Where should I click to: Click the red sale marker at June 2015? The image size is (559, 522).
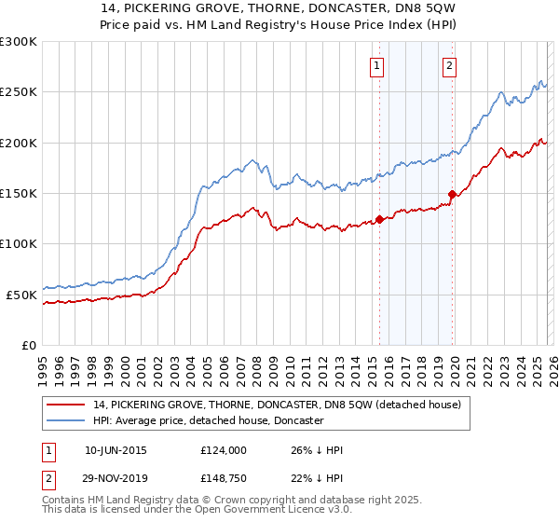tap(379, 220)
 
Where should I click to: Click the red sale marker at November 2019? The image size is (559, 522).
tap(453, 195)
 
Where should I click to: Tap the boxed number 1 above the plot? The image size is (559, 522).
tap(376, 65)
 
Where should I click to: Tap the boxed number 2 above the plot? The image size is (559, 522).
tap(449, 65)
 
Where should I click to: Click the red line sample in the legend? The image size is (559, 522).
tap(66, 405)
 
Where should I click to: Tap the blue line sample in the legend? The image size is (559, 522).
tap(66, 420)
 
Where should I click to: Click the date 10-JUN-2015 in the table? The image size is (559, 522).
tap(115, 450)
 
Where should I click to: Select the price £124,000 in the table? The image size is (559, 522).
tap(223, 450)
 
